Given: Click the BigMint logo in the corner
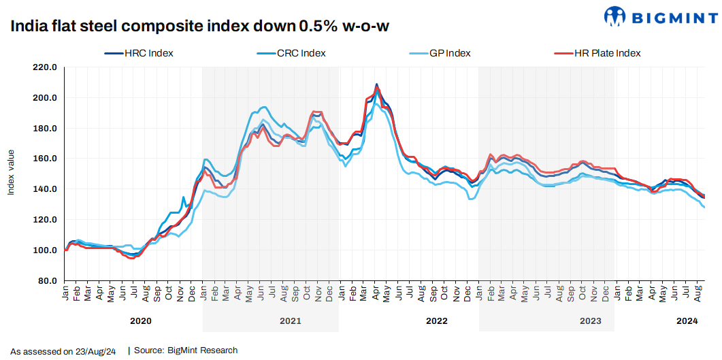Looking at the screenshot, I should (659, 17).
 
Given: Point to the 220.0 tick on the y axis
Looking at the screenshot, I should (44, 67).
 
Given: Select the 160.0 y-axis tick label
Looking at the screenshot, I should (44, 159).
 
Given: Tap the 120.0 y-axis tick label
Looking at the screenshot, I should (44, 220).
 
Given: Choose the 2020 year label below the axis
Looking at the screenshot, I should (140, 321).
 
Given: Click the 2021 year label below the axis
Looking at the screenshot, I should (290, 321).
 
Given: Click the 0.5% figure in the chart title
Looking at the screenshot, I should (319, 27).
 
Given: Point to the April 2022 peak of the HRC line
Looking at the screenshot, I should (377, 84).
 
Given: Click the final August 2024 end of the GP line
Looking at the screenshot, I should (704, 208).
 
